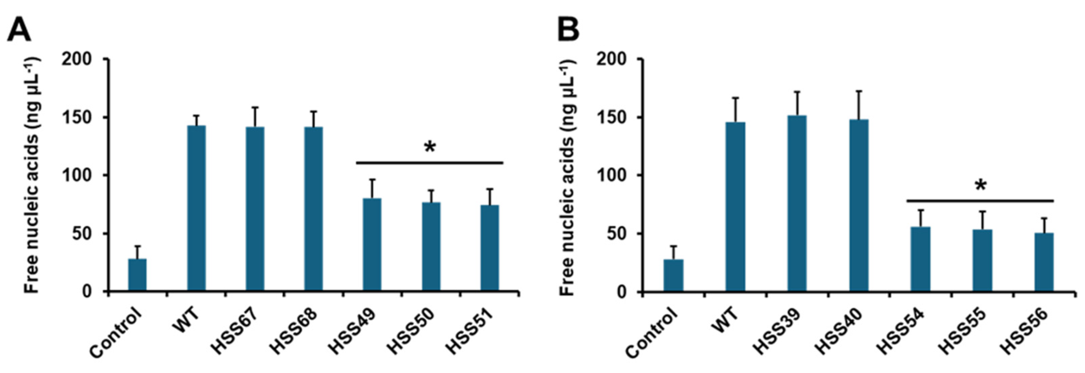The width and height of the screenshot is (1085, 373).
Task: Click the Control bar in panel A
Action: tap(137, 275)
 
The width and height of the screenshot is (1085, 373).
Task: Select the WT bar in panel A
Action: tap(196, 208)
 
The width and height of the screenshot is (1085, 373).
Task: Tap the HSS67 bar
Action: tap(255, 209)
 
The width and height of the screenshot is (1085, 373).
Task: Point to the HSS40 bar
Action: tap(859, 205)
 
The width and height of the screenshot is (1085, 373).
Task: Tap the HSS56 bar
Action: tap(1044, 261)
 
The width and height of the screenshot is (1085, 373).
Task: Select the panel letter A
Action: tap(19, 30)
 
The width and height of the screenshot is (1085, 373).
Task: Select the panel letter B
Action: tap(568, 30)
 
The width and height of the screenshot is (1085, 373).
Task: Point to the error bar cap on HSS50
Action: tap(431, 190)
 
